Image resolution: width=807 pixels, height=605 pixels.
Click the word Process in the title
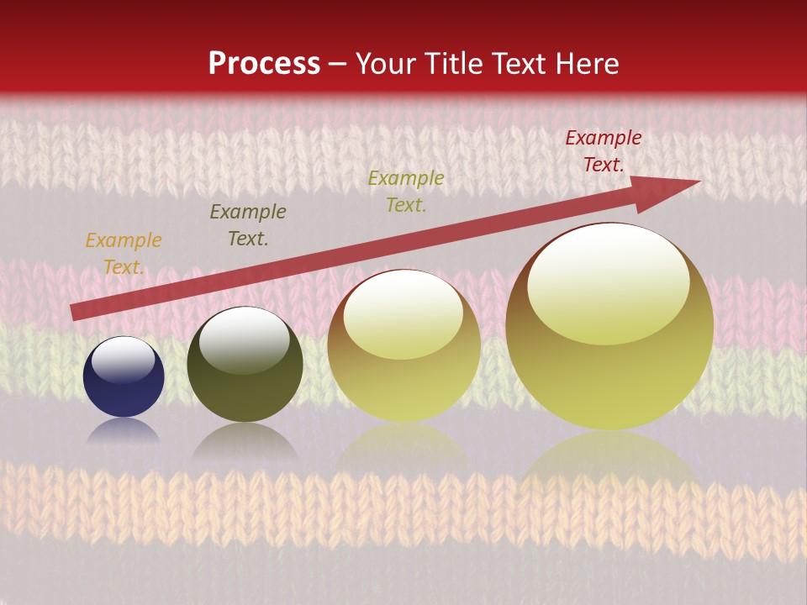click(264, 64)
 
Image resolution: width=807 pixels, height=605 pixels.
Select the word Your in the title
click(386, 64)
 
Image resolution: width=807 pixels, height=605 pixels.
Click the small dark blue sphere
click(124, 378)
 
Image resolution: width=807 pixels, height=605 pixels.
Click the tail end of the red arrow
click(73, 312)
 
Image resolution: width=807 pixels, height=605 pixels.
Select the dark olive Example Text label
click(248, 225)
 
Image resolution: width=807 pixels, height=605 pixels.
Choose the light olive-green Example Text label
click(406, 192)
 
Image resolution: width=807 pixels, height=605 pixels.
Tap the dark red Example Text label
click(603, 151)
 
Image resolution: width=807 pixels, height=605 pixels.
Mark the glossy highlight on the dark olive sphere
click(244, 339)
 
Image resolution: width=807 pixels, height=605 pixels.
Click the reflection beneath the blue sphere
click(124, 430)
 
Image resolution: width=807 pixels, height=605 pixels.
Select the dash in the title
click(338, 64)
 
